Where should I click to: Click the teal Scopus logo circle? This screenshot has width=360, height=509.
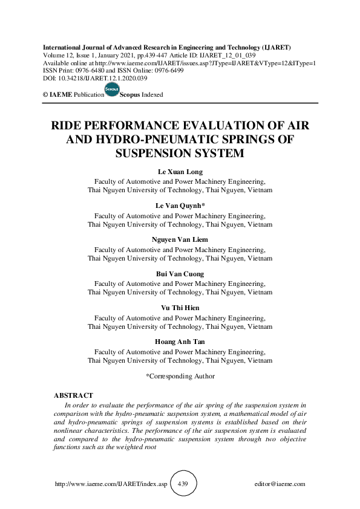pos(112,90)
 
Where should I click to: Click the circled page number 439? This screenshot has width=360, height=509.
pos(184,484)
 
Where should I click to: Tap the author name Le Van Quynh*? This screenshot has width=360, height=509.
pos(180,206)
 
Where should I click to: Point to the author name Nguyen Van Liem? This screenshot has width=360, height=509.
pos(180,240)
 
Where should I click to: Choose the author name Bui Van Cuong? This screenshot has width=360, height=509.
pos(180,274)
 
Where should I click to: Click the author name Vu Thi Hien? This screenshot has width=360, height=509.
pos(180,308)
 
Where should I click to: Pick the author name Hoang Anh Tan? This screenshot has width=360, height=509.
pos(180,342)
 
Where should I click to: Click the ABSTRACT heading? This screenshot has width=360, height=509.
pos(73,395)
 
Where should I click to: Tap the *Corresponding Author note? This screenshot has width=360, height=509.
pos(180,376)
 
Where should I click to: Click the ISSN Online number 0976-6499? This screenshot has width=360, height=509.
pos(168,71)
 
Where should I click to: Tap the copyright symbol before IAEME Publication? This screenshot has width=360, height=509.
pos(46,95)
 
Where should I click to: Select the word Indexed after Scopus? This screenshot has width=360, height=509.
pos(152,95)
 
